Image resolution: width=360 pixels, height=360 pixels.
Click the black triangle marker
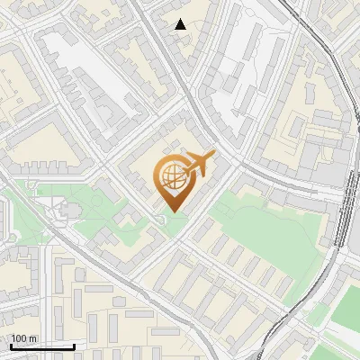[181, 24]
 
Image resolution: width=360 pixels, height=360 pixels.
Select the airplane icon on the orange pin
[196, 166]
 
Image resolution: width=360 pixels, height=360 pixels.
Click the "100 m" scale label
[23, 339]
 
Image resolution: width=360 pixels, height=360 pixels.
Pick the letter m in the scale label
[33, 339]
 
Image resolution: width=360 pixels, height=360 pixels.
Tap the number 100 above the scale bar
[19, 339]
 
